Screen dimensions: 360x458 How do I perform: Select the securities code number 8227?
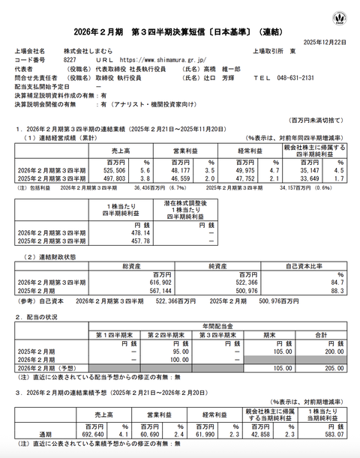tap(69, 58)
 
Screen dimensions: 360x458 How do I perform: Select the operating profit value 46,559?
tap(185, 177)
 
